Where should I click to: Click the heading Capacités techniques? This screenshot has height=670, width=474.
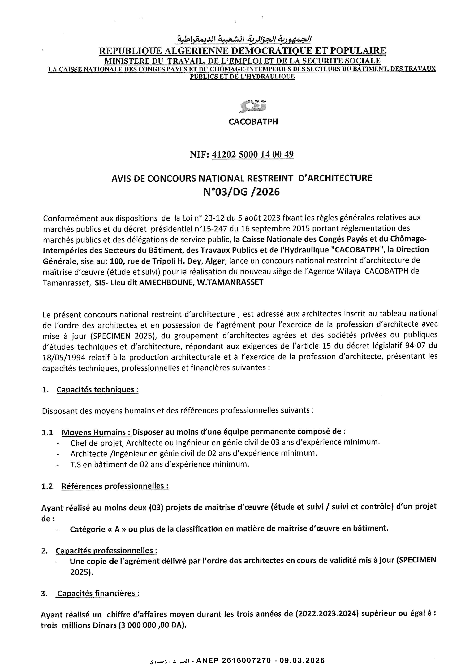click(97, 390)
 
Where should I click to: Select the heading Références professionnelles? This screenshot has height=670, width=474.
click(115, 486)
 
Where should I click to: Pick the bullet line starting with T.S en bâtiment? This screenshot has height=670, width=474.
click(159, 464)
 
